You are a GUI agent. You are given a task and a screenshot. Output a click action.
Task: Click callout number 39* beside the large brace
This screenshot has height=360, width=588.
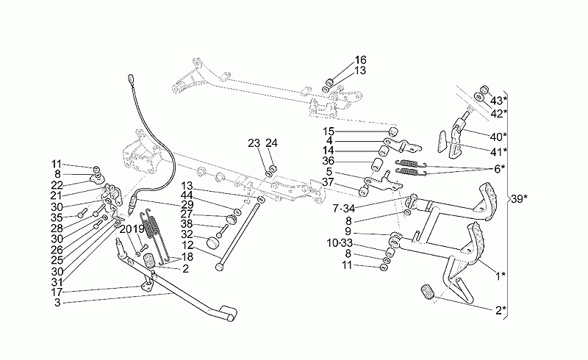(x=519, y=199)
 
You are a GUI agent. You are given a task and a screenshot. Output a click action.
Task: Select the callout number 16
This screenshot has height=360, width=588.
(x=360, y=60)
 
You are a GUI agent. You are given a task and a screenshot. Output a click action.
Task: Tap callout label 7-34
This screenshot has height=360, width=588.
(x=343, y=208)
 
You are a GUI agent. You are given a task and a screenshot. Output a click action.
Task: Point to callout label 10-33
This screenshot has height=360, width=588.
(x=340, y=243)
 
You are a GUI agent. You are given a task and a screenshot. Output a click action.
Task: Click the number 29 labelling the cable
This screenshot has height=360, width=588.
(x=187, y=204)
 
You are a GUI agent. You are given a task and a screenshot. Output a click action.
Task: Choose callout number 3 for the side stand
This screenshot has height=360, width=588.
(x=57, y=303)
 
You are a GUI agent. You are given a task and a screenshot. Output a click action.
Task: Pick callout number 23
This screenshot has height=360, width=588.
(x=254, y=143)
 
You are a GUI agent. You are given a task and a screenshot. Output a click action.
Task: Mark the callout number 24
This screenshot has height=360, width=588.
(x=271, y=143)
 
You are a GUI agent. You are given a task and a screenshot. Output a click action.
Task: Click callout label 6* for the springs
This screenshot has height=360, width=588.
(x=499, y=169)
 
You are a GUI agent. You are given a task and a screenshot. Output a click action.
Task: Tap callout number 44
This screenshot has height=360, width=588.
(x=187, y=195)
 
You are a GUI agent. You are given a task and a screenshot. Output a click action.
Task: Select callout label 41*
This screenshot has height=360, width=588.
(x=499, y=151)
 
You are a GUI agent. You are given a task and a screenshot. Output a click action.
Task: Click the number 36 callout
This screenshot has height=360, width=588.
(x=328, y=161)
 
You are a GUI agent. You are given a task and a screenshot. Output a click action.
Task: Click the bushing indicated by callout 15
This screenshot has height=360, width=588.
(x=392, y=132)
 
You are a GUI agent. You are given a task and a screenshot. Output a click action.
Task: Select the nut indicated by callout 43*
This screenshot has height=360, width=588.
(x=484, y=89)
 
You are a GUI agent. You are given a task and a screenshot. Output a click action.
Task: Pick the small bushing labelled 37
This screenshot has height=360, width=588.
(x=362, y=192)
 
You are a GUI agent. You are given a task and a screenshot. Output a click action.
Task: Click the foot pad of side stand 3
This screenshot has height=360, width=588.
(x=229, y=314)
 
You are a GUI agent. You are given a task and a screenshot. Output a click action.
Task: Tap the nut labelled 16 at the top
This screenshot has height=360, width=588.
(x=330, y=82)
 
